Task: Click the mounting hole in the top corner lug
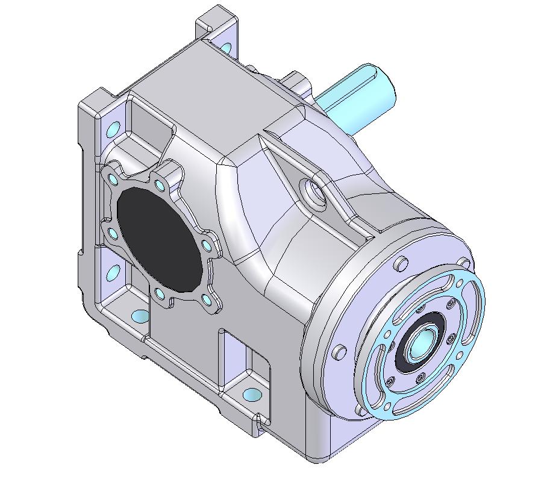coord(226,46)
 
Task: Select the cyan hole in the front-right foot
coord(252,395)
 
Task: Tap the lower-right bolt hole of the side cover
coord(207,299)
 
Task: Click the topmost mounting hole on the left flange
coord(112,129)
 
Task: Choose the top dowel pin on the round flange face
coord(399,264)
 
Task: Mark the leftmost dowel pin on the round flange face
coord(339,351)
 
